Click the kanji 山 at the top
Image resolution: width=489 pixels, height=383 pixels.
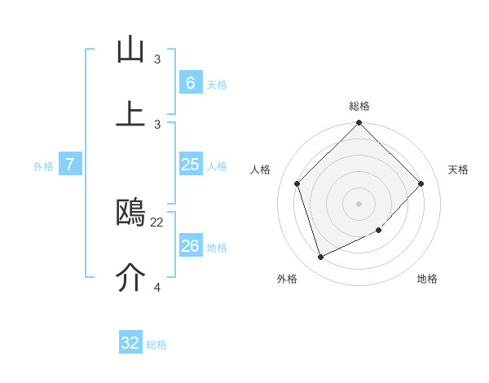[130, 51]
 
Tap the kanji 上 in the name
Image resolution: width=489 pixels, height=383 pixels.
[130, 115]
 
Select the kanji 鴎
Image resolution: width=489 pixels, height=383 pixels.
[130, 214]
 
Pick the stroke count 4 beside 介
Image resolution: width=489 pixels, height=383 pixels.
[157, 287]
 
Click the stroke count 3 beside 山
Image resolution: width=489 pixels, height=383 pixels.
[157, 59]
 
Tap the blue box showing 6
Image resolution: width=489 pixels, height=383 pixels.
[190, 82]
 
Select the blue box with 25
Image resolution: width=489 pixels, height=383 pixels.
[190, 165]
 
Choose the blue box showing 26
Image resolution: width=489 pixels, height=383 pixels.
[190, 245]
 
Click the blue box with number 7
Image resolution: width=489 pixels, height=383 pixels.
[70, 165]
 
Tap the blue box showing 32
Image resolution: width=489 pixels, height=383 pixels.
[130, 343]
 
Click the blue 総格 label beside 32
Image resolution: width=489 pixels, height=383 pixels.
[156, 345]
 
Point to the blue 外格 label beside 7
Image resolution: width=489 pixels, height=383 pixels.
[43, 166]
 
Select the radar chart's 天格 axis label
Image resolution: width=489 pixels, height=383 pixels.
[458, 169]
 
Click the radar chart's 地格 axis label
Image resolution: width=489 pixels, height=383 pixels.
[427, 279]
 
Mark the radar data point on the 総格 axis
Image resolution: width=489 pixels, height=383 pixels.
[359, 124]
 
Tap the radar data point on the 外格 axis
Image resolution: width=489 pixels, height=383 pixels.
[320, 258]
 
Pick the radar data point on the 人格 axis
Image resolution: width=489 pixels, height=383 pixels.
[297, 183]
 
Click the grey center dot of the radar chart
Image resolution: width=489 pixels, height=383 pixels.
[359, 204]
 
